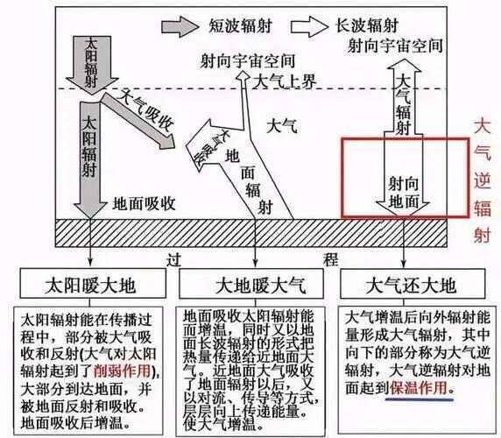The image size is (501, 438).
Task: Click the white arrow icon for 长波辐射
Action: [x=313, y=25]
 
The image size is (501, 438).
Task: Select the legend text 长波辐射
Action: [x=367, y=25]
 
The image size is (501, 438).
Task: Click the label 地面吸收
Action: [x=147, y=203]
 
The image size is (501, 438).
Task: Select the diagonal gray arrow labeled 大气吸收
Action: [x=140, y=119]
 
